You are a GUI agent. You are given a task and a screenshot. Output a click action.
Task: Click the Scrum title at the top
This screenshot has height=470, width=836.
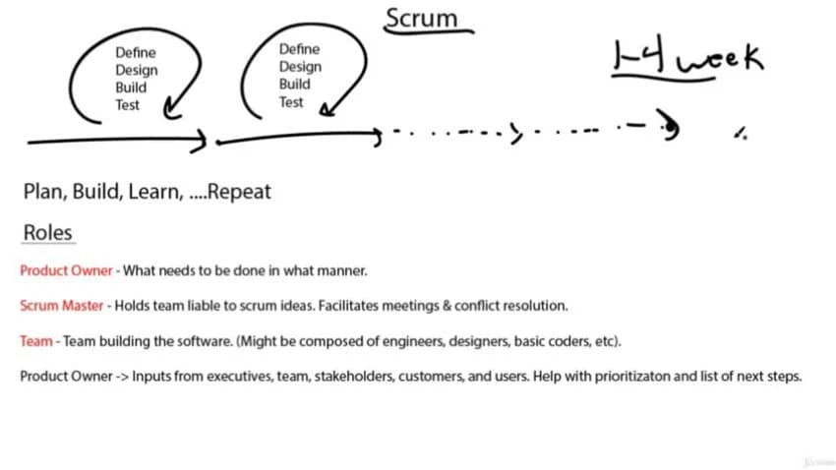tap(421, 18)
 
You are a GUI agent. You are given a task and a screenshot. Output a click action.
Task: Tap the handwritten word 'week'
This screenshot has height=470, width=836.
tap(720, 58)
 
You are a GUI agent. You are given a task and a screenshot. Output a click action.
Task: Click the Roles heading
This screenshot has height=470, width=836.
tap(47, 233)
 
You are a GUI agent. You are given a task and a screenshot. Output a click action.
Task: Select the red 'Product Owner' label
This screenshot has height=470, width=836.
tap(66, 270)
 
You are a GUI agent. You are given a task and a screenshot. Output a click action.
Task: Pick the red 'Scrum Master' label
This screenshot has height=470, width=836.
tap(61, 306)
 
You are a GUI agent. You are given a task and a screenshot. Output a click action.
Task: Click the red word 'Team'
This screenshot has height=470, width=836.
tap(36, 341)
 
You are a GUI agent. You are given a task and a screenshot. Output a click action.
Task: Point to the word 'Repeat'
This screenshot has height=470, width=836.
tap(239, 193)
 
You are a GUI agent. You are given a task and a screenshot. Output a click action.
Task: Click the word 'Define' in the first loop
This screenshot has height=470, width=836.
tap(136, 53)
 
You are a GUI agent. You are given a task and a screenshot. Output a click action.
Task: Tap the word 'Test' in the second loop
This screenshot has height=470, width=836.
tap(291, 102)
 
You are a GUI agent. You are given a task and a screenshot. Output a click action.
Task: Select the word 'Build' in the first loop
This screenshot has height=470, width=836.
tap(131, 88)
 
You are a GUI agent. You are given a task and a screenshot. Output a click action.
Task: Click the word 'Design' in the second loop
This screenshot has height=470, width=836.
tap(300, 67)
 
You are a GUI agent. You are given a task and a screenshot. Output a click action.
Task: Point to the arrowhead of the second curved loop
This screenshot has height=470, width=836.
tap(327, 110)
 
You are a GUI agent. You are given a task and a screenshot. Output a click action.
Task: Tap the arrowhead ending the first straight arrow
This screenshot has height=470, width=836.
tap(200, 141)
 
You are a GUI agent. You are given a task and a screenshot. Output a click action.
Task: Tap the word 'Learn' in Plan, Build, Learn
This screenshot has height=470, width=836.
tap(155, 193)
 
